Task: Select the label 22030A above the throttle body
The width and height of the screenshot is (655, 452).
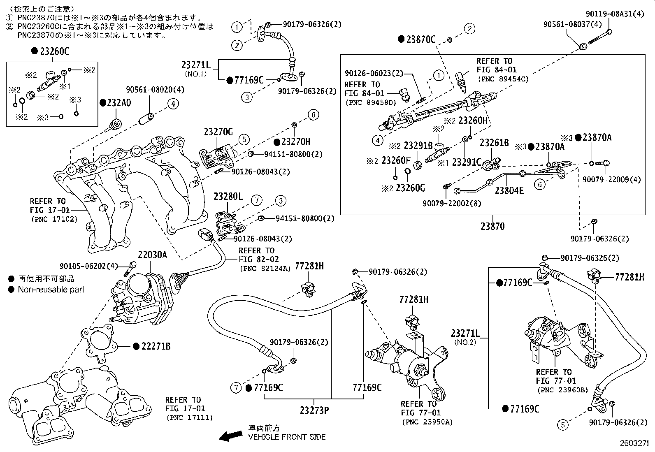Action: tap(152, 255)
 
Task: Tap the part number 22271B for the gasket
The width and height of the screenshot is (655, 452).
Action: tap(156, 346)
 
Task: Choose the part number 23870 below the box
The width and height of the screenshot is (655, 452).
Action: tap(492, 226)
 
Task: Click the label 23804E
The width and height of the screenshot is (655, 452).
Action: tap(509, 191)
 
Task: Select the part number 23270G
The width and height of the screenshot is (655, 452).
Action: tap(218, 132)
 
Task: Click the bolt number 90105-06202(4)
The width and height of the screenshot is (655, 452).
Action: tap(88, 266)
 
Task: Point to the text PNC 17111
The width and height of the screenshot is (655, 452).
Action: tap(190, 418)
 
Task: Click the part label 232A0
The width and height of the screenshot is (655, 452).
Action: tap(119, 103)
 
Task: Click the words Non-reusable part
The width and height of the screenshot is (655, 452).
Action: tap(51, 290)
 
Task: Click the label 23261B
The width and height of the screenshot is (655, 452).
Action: tap(494, 143)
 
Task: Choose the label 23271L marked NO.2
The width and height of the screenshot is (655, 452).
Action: tap(465, 333)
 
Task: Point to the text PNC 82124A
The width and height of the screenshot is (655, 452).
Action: tap(265, 269)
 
